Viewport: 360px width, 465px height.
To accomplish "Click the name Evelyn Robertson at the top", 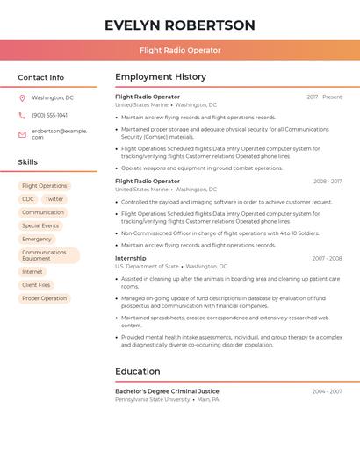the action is [180, 25].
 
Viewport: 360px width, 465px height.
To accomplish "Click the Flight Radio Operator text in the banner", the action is [180, 50].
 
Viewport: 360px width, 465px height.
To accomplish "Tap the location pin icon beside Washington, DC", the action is [22, 97].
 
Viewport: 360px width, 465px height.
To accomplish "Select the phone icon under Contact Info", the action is [22, 115].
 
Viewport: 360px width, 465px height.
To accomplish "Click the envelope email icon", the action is [22, 133].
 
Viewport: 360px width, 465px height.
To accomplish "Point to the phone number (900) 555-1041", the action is [50, 115].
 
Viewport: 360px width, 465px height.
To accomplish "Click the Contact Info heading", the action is [41, 77].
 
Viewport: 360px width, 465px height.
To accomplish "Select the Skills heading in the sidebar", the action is [28, 162].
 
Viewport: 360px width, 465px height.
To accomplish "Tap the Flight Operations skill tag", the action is [45, 186].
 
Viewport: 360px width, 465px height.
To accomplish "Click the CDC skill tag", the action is [28, 199].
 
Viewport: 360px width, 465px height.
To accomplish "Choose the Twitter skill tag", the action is [54, 199].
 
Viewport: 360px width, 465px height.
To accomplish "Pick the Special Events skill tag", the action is [40, 225].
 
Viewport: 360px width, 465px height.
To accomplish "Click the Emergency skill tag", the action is [37, 239].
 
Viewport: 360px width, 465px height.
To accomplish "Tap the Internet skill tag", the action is [32, 272].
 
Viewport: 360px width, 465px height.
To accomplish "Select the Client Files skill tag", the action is [37, 285].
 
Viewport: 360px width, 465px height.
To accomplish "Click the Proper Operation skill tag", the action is [45, 298].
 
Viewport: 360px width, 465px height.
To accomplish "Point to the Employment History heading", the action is [161, 77].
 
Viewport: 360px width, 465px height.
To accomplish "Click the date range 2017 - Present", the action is [324, 97].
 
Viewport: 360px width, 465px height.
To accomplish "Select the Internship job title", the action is [131, 258].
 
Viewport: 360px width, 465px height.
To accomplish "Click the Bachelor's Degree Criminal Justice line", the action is [167, 391].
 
